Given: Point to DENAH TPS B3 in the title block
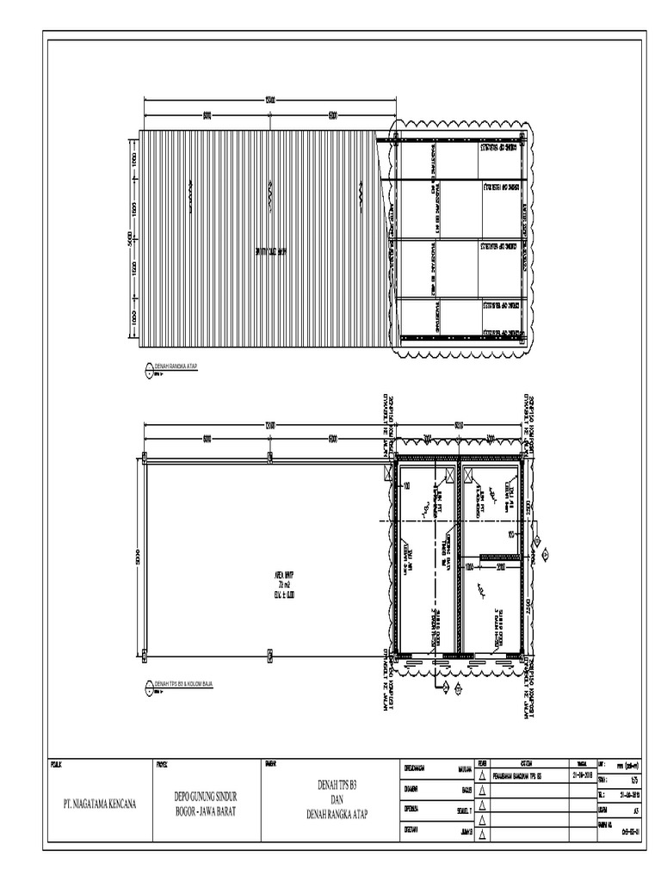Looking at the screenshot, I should tap(337, 786).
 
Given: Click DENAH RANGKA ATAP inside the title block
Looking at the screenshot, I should tap(337, 813).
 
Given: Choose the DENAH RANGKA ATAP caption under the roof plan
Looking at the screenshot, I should tap(176, 367).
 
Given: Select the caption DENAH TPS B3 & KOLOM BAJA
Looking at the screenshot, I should tap(183, 683).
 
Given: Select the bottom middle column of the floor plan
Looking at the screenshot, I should tap(269, 657).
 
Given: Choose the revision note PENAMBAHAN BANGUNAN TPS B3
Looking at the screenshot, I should tap(529, 772).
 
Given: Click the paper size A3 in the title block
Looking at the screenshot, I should tap(635, 810).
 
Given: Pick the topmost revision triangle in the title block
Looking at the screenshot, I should tap(483, 773).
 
